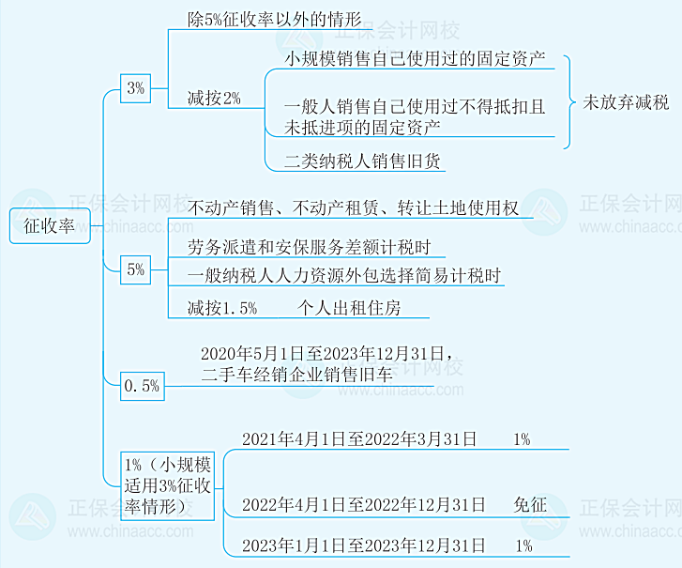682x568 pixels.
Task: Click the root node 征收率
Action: click(x=50, y=226)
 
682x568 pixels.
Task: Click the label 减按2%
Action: click(x=214, y=99)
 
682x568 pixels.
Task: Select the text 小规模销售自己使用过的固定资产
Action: click(x=416, y=57)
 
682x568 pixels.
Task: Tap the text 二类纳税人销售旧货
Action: click(x=363, y=161)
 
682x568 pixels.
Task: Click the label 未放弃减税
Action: click(x=626, y=101)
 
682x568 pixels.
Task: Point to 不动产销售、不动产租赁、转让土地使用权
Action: click(x=353, y=207)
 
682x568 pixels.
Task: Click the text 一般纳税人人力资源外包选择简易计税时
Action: click(x=344, y=276)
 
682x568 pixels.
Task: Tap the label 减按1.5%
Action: click(x=221, y=307)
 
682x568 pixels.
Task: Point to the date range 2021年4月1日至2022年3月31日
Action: click(x=359, y=438)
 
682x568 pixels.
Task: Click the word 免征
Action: click(x=529, y=504)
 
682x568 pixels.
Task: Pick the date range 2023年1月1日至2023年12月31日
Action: click(x=364, y=545)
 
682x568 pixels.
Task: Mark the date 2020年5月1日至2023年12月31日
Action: click(x=326, y=354)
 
